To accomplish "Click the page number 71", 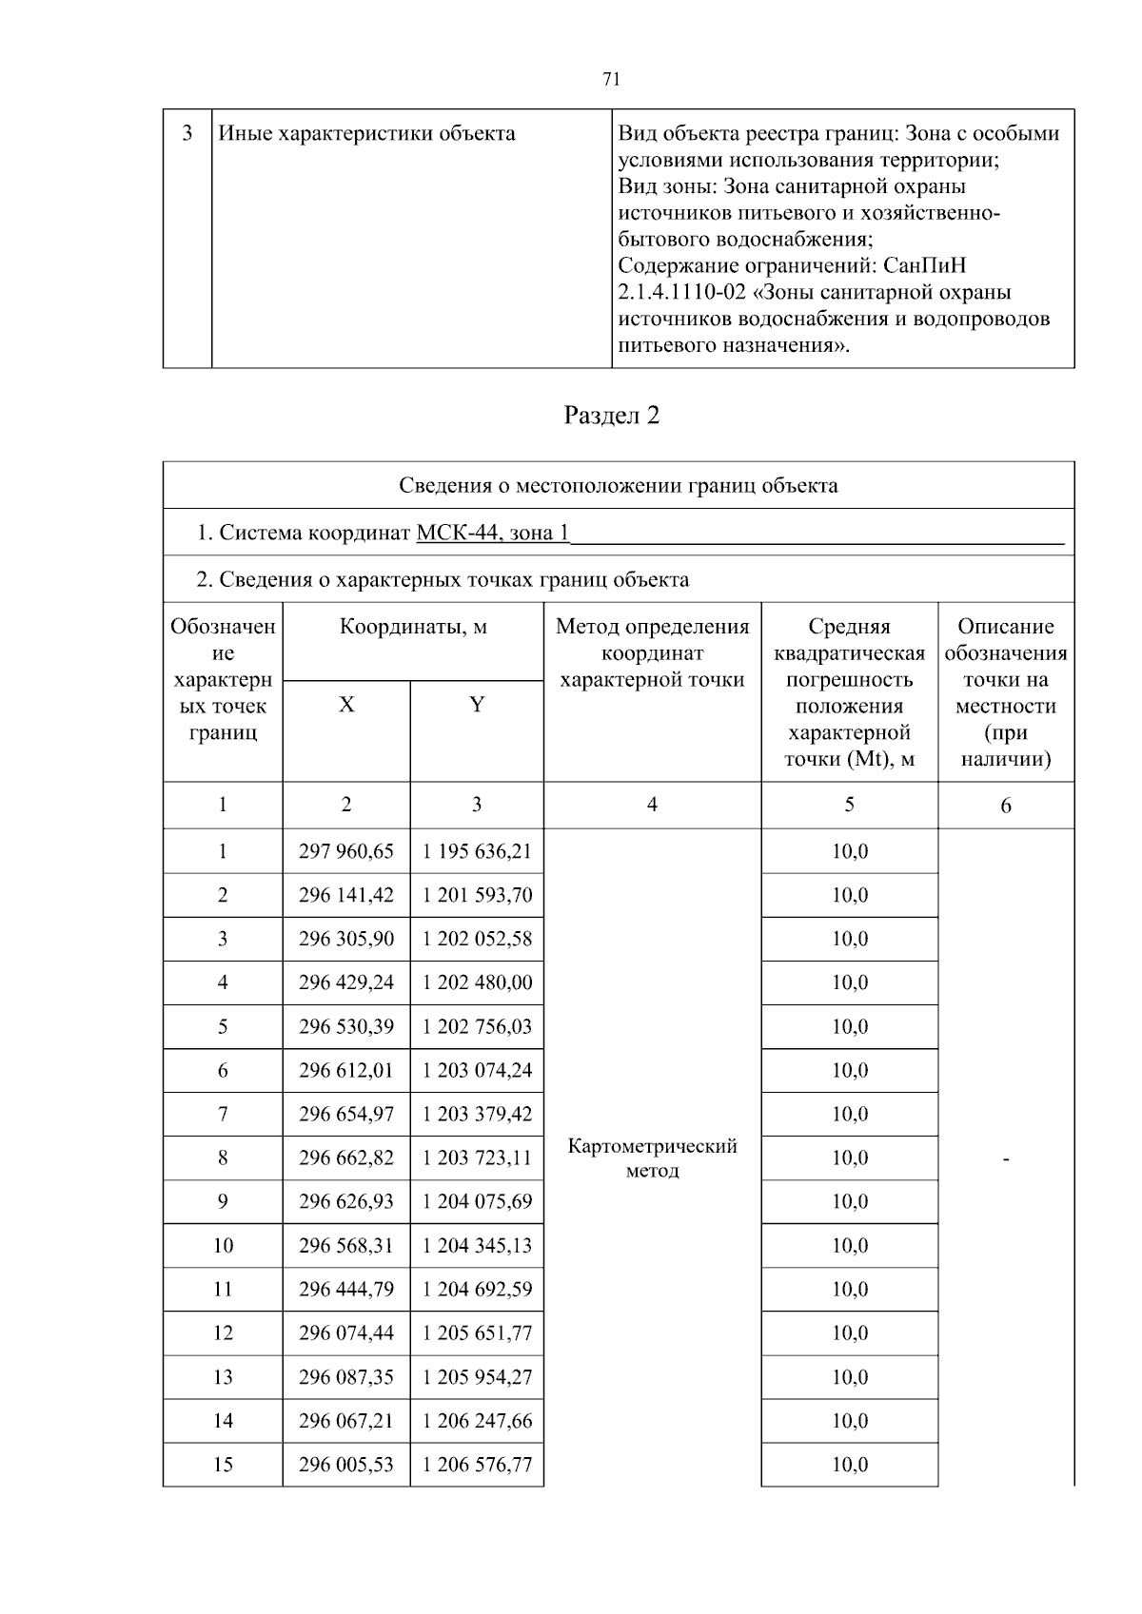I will pyautogui.click(x=611, y=80).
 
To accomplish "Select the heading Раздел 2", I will pyautogui.click(x=611, y=416).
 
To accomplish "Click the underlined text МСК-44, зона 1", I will pyautogui.click(x=492, y=533).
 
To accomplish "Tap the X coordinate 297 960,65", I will pyautogui.click(x=345, y=851).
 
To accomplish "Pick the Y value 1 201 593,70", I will pyautogui.click(x=477, y=895).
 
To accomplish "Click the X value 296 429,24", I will pyautogui.click(x=345, y=982).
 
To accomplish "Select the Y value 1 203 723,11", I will pyautogui.click(x=477, y=1157).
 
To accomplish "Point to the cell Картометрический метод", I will pyautogui.click(x=652, y=1157).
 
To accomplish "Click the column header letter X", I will pyautogui.click(x=346, y=705).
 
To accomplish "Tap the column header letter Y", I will pyautogui.click(x=477, y=705).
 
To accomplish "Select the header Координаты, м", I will pyautogui.click(x=413, y=627).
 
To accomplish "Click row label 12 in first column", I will pyautogui.click(x=223, y=1332).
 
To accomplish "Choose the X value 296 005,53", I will pyautogui.click(x=345, y=1464).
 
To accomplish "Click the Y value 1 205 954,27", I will pyautogui.click(x=477, y=1376).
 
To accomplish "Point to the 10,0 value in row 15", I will pyautogui.click(x=849, y=1464).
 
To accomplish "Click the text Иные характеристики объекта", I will pyautogui.click(x=366, y=133).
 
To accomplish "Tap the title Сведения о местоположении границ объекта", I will pyautogui.click(x=618, y=486).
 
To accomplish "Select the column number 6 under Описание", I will pyautogui.click(x=1005, y=806).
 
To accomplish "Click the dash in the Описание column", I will pyautogui.click(x=1005, y=1158).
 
